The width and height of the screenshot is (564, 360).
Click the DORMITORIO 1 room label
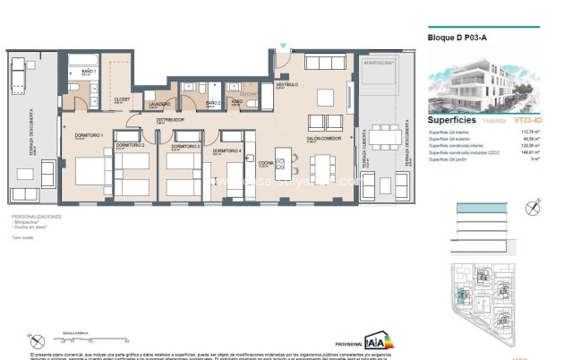click(x=89, y=134)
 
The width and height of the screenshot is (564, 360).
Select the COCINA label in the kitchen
click(x=265, y=163)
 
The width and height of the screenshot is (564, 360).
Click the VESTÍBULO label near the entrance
click(x=286, y=83)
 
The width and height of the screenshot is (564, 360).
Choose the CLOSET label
click(x=122, y=99)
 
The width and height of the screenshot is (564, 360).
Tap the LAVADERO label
click(x=159, y=104)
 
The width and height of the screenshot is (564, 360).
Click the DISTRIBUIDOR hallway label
click(x=170, y=119)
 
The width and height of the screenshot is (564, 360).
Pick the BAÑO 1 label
click(x=88, y=70)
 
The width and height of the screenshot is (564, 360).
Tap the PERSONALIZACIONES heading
click(x=37, y=218)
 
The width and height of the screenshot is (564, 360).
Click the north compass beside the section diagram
click(x=535, y=206)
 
